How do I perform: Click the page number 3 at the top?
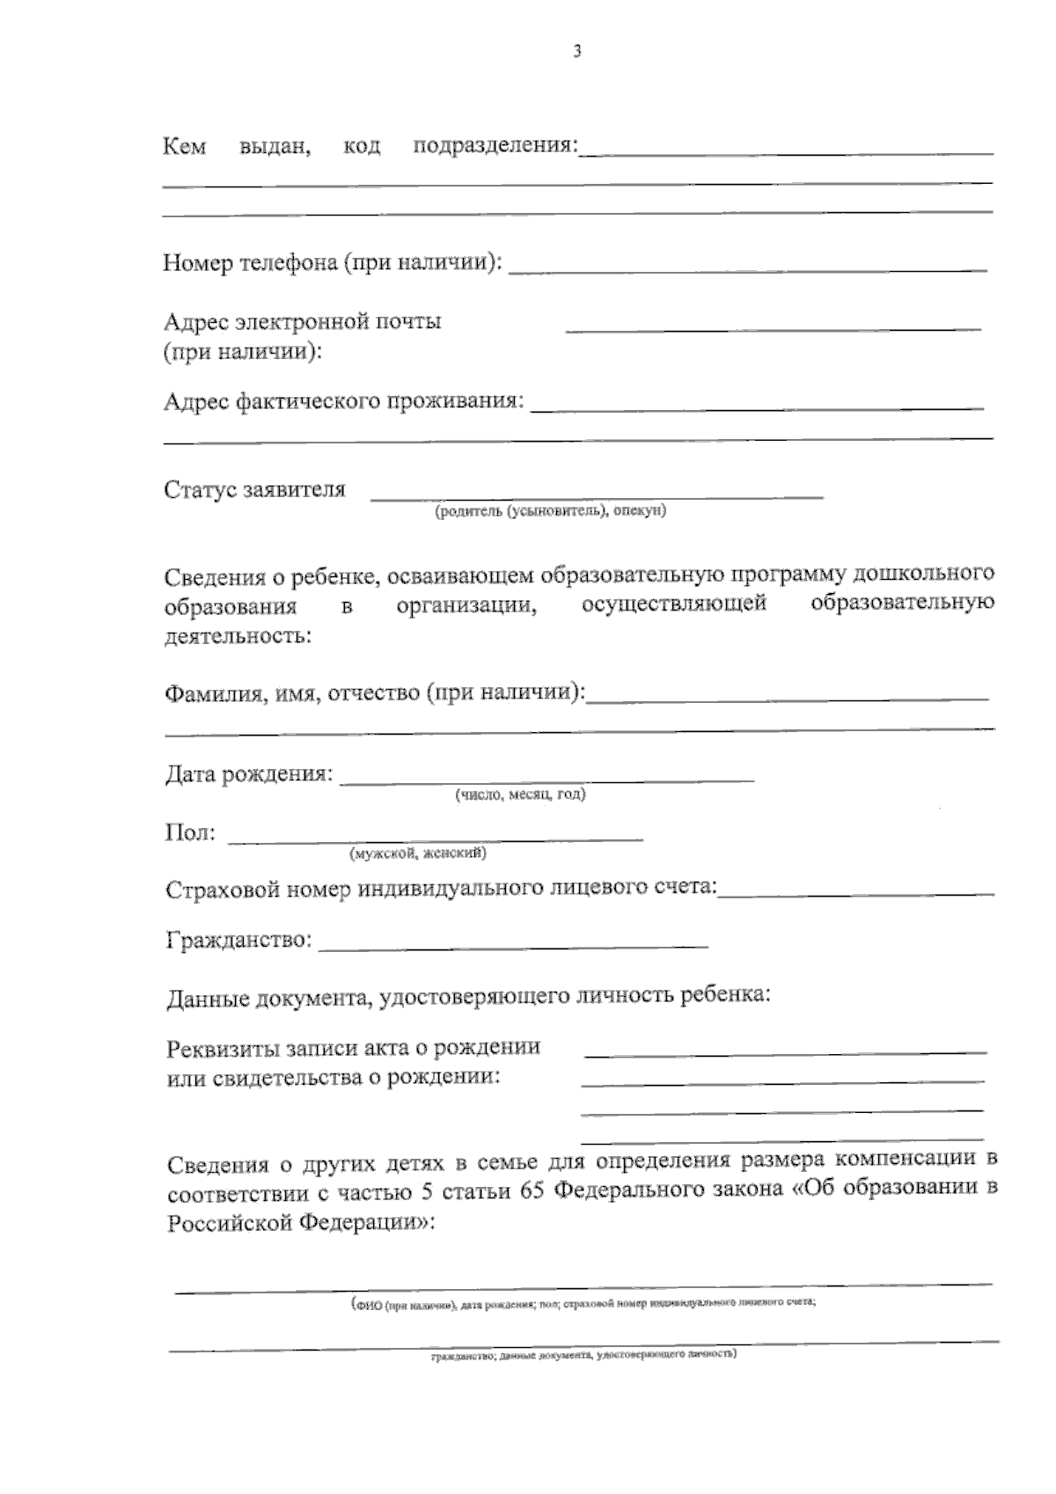pos(577,52)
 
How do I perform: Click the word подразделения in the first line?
pos(495,145)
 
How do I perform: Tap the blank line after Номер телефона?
pos(748,269)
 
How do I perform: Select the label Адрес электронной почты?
pos(303,322)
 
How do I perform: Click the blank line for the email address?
pos(773,330)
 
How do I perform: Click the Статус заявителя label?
pos(254,490)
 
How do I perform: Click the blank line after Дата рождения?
pos(546,780)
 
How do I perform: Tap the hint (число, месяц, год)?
pos(520,795)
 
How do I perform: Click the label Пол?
pos(189,832)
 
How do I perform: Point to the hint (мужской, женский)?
pos(418,853)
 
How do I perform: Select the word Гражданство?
pos(238,941)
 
